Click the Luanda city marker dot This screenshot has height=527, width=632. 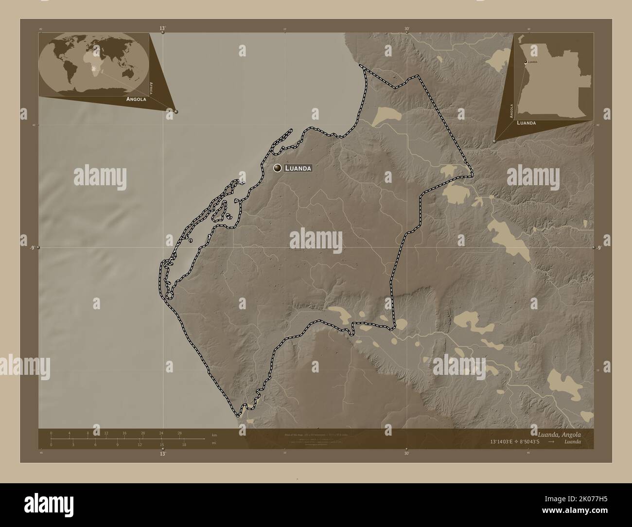click(x=278, y=168)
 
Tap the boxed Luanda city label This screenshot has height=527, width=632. click(x=297, y=168)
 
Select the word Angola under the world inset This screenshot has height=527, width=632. click(x=136, y=99)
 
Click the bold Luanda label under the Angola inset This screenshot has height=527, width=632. click(x=527, y=123)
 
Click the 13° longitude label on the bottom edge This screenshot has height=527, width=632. click(x=162, y=454)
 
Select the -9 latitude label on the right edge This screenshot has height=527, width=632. click(x=599, y=248)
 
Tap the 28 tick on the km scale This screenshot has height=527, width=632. click(x=179, y=433)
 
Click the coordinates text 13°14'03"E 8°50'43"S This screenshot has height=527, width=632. click(x=519, y=442)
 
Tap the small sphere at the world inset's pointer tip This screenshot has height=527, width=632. click(x=176, y=111)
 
